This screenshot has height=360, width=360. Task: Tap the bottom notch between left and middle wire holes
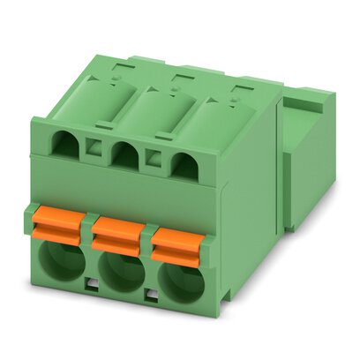(92, 284)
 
